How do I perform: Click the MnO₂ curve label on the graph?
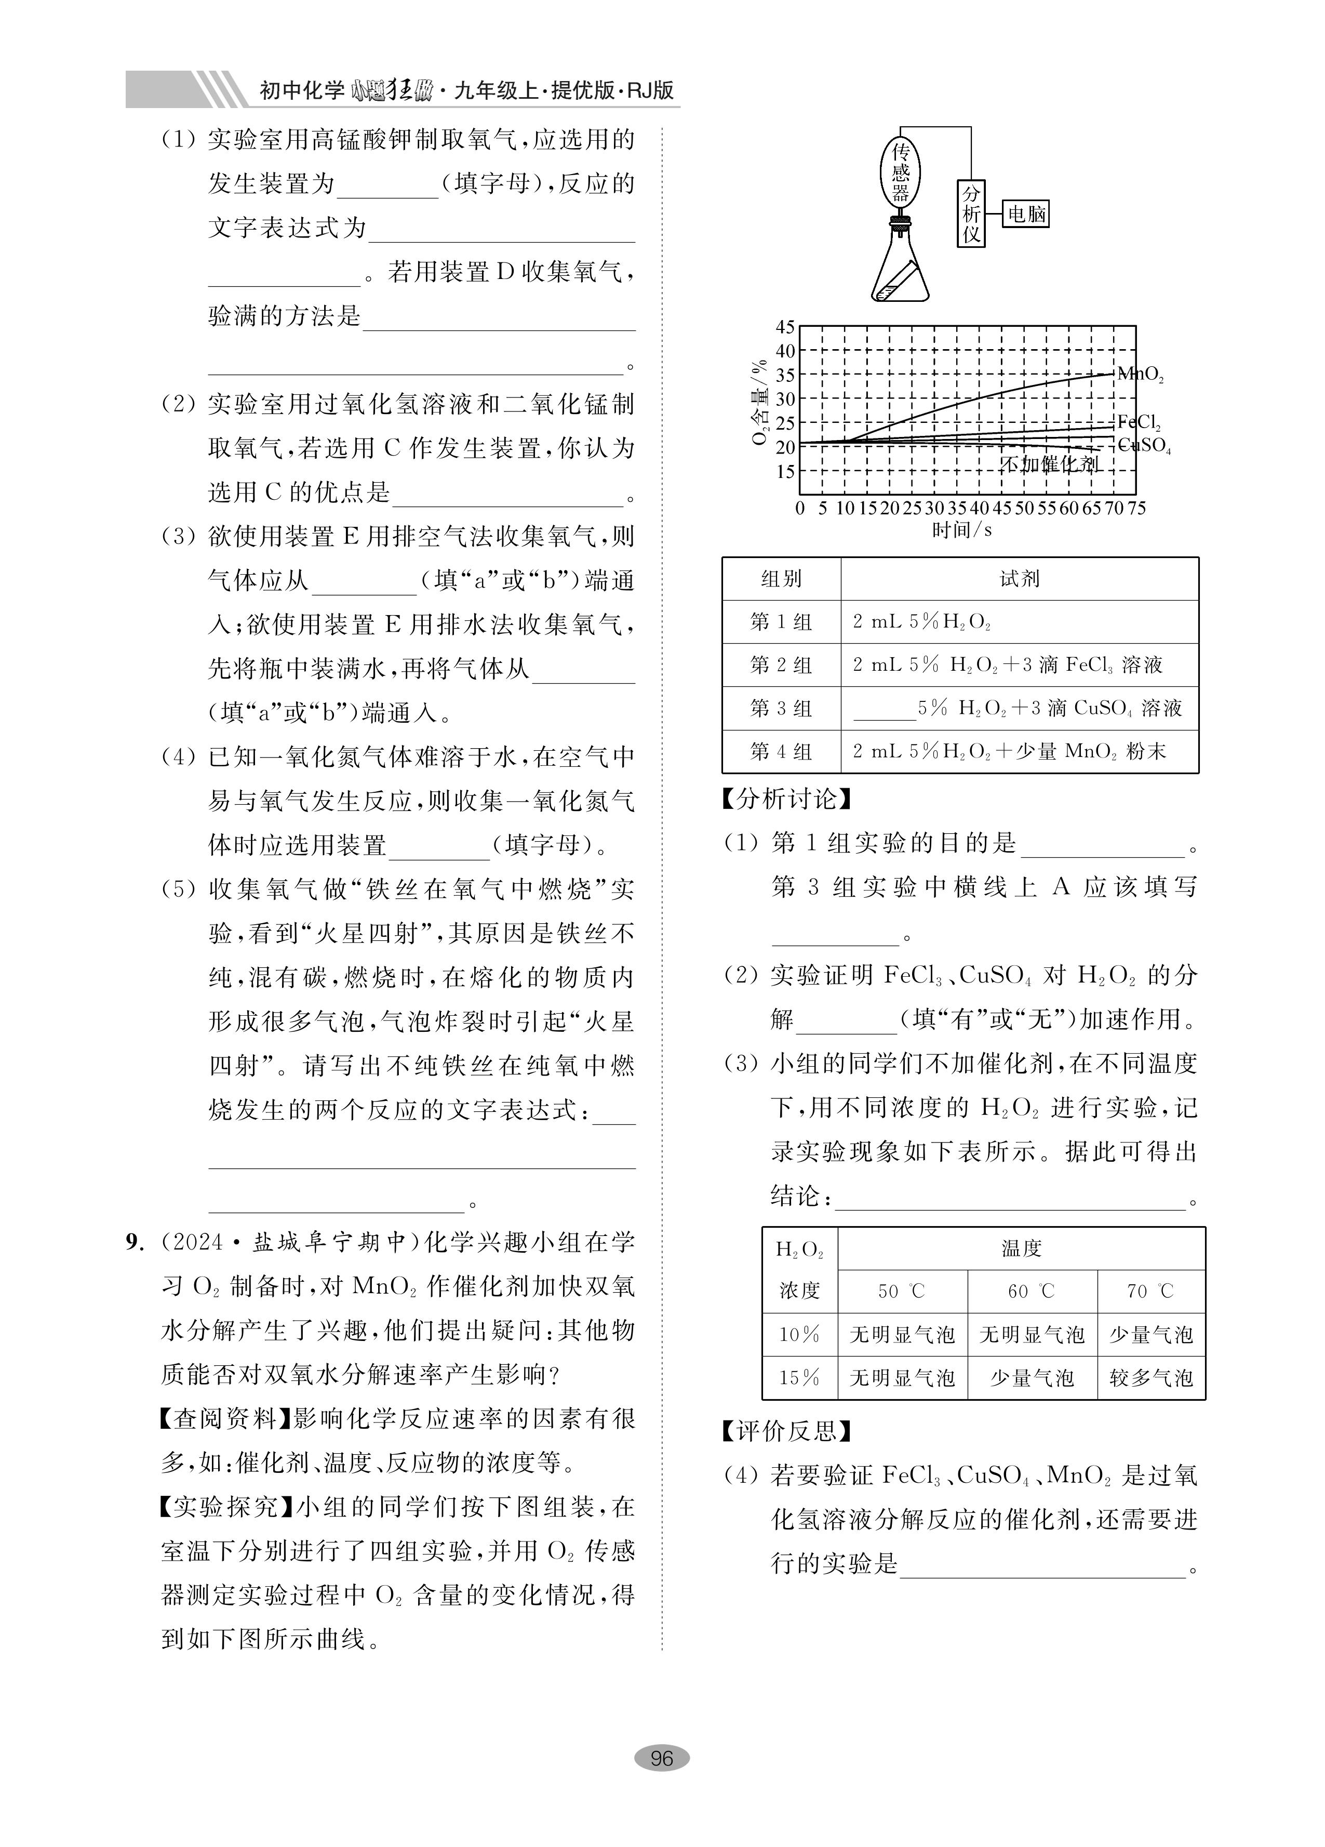point(1140,375)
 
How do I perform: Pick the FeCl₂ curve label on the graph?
point(1139,422)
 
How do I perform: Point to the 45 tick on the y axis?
point(784,327)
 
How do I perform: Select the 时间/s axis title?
point(962,530)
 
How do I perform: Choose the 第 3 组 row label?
point(781,709)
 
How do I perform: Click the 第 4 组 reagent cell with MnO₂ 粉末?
point(1009,752)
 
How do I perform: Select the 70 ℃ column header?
point(1150,1292)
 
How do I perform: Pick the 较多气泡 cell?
point(1150,1378)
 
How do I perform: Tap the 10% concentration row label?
point(799,1335)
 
